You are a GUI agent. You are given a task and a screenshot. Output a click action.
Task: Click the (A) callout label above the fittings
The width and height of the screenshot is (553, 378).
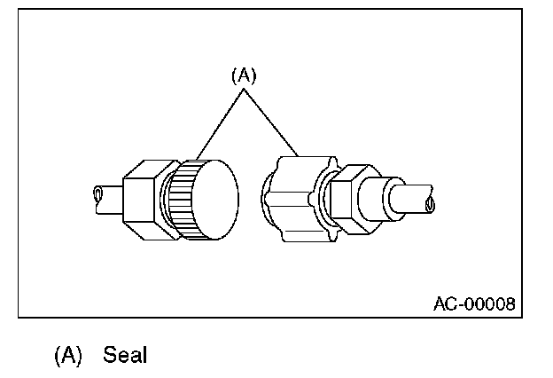click(244, 76)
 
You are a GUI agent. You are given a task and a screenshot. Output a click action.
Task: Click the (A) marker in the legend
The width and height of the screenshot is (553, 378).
click(68, 355)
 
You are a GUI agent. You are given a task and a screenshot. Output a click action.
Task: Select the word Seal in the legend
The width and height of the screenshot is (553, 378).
click(124, 355)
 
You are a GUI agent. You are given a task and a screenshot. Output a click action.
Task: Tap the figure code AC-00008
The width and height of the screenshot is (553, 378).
click(473, 303)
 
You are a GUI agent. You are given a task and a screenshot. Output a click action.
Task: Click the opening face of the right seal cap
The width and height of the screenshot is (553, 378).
click(269, 193)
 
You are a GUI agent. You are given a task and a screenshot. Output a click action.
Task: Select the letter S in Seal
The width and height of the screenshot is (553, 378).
click(110, 355)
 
